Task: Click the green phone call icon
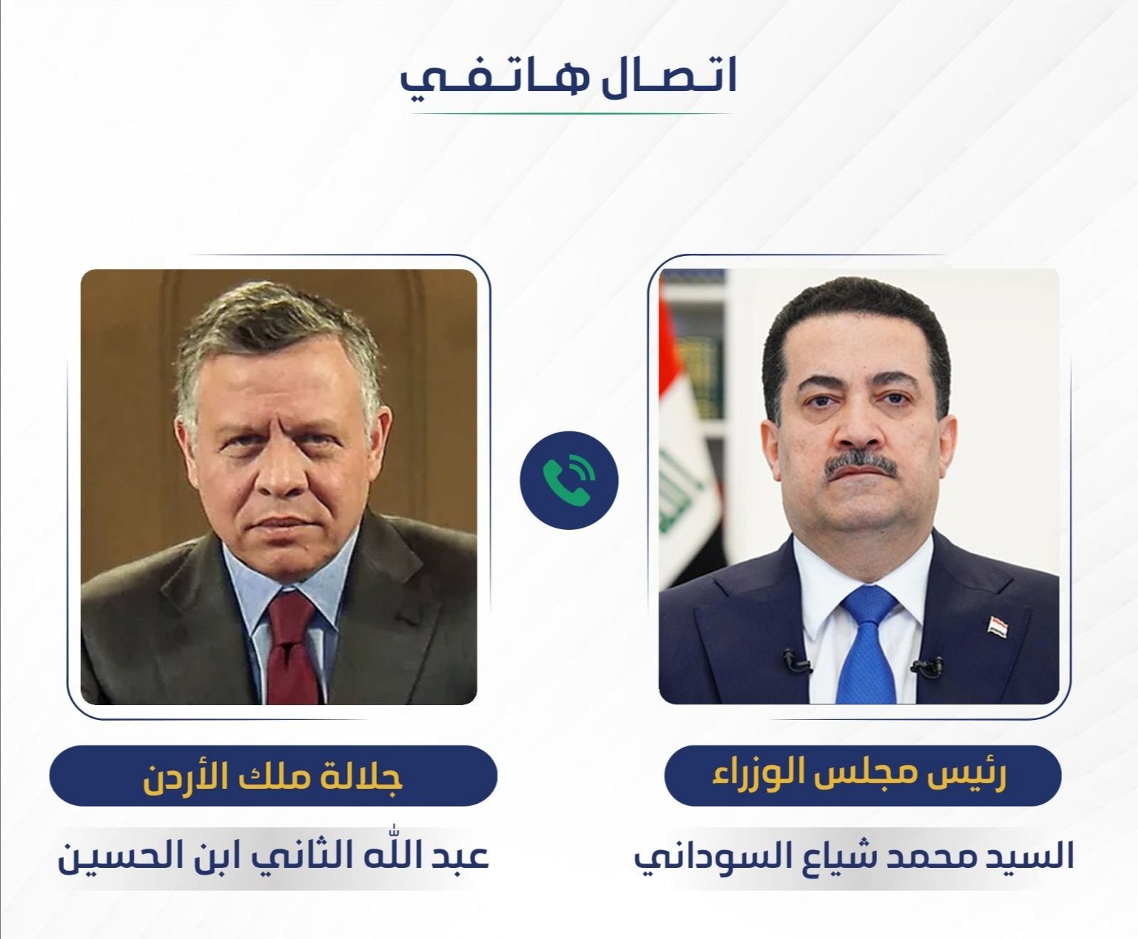pos(569,480)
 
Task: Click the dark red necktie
pos(292,647)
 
